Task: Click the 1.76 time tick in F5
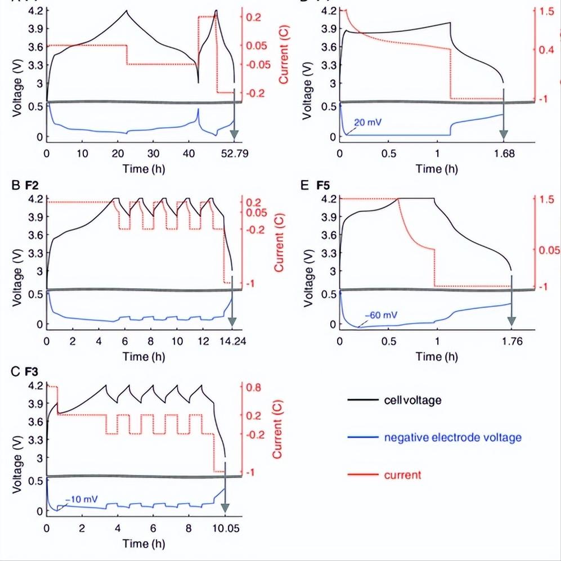point(511,340)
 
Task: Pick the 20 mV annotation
point(367,122)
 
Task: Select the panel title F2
point(34,184)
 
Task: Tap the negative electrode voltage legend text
point(453,437)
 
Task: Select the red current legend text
point(402,475)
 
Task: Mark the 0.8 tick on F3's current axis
point(253,387)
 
